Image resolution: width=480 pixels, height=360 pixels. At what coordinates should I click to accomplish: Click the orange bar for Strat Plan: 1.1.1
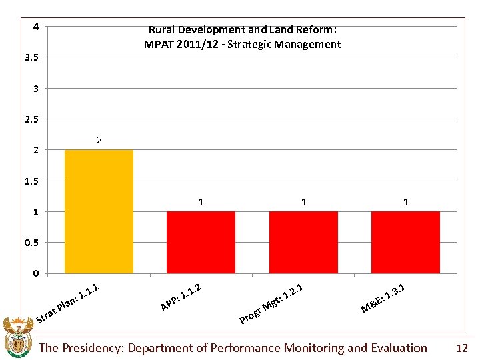point(99,211)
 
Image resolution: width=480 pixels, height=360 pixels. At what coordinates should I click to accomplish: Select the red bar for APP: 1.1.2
point(201,242)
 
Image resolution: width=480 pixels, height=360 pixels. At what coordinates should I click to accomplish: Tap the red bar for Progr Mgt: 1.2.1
point(303,242)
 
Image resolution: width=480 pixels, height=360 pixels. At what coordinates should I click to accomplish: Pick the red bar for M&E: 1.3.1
point(405,242)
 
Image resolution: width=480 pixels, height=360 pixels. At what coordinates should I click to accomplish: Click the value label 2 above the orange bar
point(99,140)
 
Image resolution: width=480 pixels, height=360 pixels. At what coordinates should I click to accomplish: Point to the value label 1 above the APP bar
point(201,201)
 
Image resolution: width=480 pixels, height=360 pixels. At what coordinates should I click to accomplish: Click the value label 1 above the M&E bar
point(406,201)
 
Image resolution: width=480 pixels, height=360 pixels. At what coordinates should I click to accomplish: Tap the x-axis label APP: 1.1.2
point(181,297)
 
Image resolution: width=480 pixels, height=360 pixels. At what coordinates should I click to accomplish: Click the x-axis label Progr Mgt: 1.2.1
point(272,303)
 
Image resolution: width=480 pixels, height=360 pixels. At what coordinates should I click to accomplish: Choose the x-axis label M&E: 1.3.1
point(383,297)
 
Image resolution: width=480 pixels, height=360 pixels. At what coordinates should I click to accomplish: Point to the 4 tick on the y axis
point(35,27)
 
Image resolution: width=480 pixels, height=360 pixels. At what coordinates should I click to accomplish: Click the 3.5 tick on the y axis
point(31,57)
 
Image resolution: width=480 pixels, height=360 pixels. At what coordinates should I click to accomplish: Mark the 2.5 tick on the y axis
point(31,119)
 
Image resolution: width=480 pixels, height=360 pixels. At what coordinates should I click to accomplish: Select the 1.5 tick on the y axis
point(31,181)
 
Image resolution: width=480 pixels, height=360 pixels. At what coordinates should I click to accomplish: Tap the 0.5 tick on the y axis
point(31,243)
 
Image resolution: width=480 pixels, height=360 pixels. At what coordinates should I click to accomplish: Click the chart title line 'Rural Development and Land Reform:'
point(243,30)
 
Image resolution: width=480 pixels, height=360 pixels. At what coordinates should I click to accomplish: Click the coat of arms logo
point(18,338)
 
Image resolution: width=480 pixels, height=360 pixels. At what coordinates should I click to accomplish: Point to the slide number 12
point(462,348)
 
